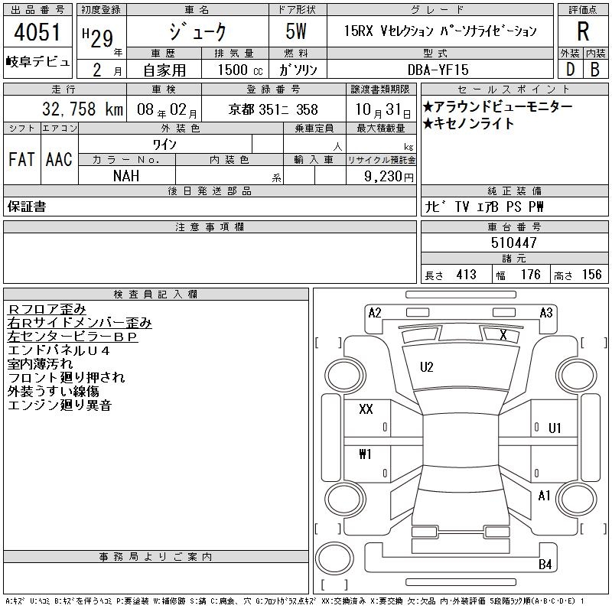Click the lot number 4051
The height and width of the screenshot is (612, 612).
[x=37, y=32]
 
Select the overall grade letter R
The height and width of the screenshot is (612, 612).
[x=583, y=31]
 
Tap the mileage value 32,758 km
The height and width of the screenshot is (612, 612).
[x=83, y=109]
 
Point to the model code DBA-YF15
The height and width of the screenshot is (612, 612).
[x=438, y=70]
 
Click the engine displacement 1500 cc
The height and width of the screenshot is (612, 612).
[x=240, y=70]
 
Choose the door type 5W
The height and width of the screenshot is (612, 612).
[x=296, y=31]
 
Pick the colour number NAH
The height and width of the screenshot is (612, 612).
[x=126, y=176]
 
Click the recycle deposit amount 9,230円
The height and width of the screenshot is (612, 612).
[x=389, y=177]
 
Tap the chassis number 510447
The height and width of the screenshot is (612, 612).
[x=514, y=243]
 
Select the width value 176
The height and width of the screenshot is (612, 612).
[x=530, y=275]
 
